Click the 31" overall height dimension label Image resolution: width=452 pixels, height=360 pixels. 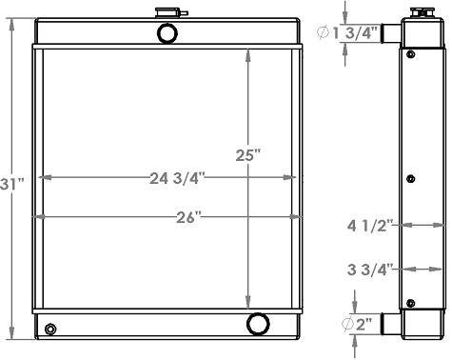(x=11, y=181)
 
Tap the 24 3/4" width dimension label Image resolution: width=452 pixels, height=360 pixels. (x=178, y=177)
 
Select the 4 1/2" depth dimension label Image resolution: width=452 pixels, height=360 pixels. (x=366, y=227)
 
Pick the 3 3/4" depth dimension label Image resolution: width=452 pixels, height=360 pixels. (x=367, y=269)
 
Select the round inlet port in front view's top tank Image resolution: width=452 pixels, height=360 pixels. (x=167, y=34)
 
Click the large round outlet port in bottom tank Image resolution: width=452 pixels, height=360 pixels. (x=258, y=324)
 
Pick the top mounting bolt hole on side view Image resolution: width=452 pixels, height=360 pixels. (x=411, y=54)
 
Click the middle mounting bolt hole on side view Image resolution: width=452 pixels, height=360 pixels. (x=411, y=178)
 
